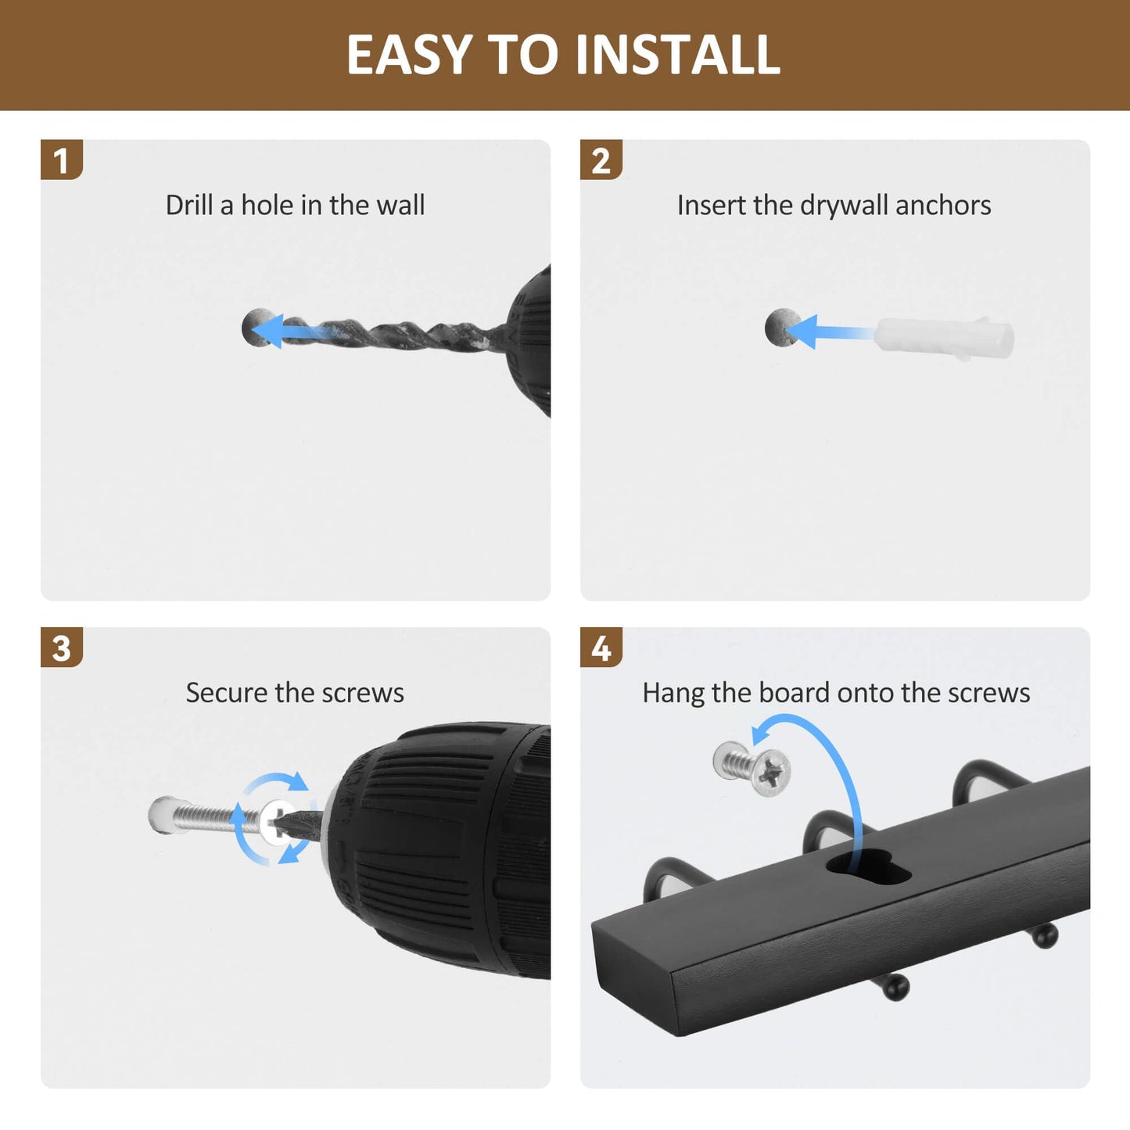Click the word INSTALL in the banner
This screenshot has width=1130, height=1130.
coord(678,55)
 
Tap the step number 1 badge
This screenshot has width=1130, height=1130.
coord(62,160)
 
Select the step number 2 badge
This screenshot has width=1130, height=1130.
coord(601,160)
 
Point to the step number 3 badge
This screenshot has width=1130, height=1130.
coord(62,648)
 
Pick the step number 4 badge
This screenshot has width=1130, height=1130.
coord(601,648)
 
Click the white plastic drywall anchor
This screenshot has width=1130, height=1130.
coord(944,338)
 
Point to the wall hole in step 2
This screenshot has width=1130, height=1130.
coord(781,327)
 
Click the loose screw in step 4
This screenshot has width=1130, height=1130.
coord(752,769)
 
